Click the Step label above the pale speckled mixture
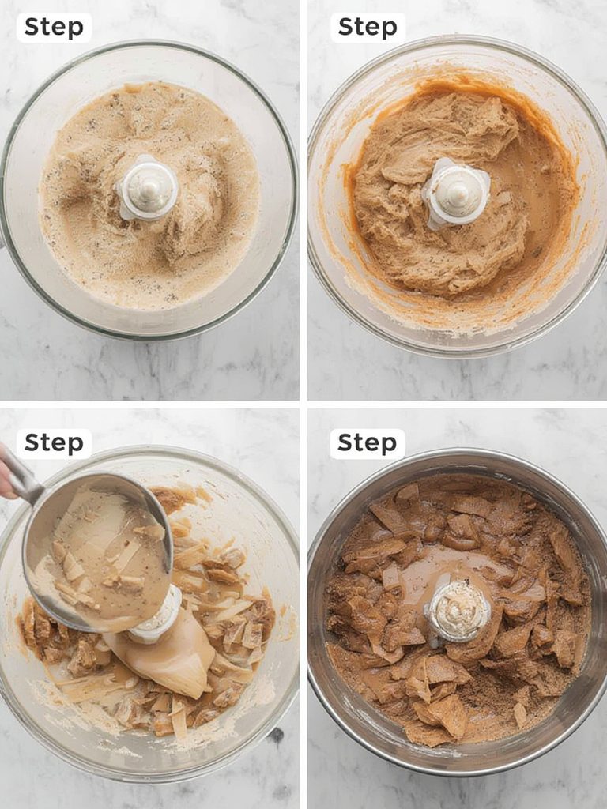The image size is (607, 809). (x=53, y=27)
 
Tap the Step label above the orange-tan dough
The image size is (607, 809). (x=368, y=27)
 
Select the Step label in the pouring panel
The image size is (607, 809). (x=53, y=443)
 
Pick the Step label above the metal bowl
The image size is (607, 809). (x=368, y=443)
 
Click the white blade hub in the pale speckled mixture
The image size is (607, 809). (x=149, y=187)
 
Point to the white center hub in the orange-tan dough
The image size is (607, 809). (x=456, y=192)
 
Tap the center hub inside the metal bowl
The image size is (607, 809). (x=457, y=611)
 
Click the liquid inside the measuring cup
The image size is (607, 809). (x=103, y=553)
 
